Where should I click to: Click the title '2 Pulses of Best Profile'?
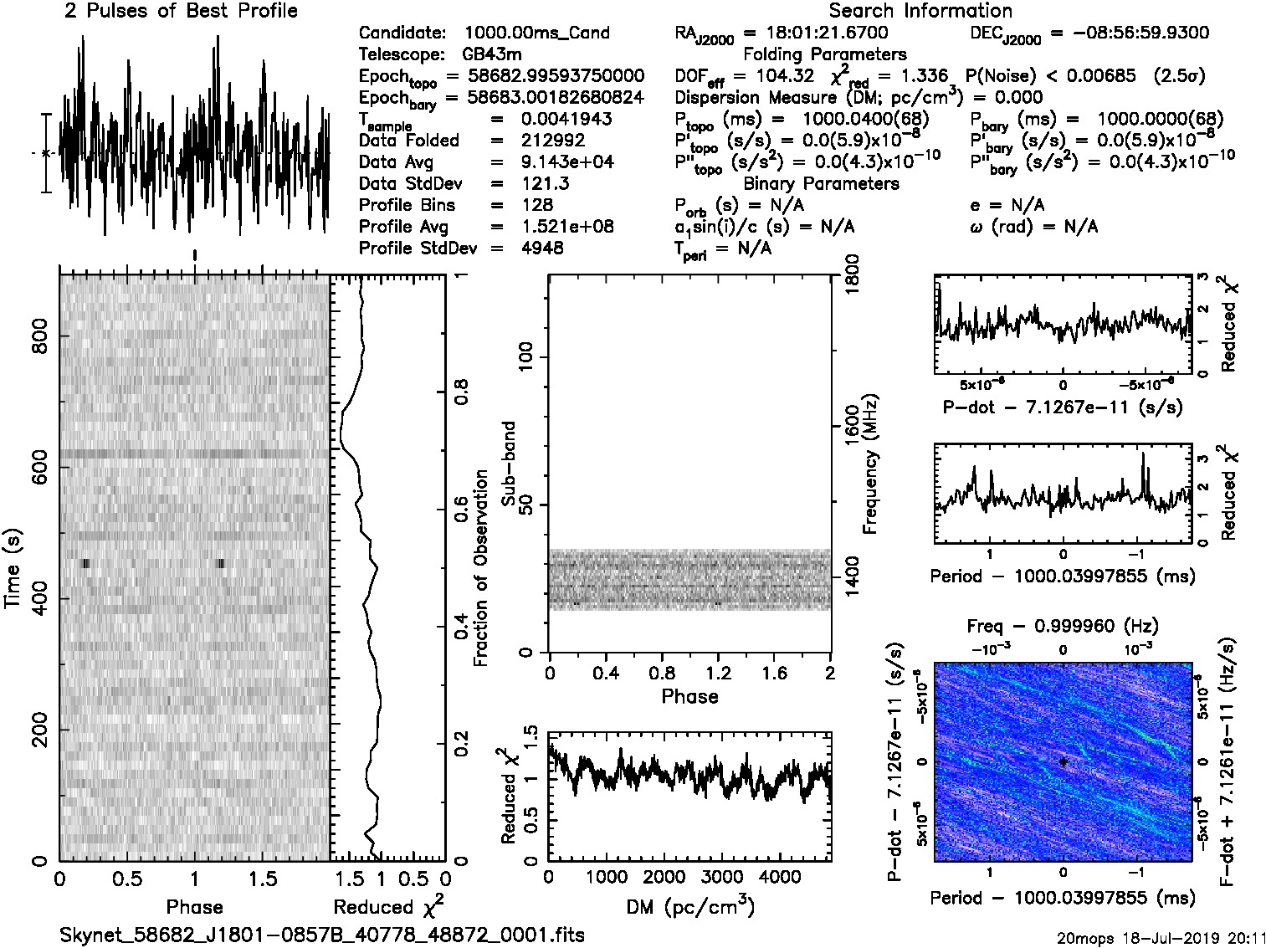[181, 11]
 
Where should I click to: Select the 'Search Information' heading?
[920, 11]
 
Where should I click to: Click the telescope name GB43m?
[493, 54]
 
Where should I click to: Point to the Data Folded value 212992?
[553, 141]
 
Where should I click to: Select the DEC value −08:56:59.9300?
[1130, 33]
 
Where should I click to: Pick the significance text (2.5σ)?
[1178, 76]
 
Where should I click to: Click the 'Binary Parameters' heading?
[821, 183]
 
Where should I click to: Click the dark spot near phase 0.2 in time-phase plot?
[85, 563]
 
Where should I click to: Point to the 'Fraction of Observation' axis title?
[480, 568]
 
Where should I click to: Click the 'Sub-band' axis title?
[509, 463]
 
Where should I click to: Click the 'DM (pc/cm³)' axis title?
[689, 906]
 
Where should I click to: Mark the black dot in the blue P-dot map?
[1063, 761]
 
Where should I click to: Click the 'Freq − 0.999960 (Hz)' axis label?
[1063, 626]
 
